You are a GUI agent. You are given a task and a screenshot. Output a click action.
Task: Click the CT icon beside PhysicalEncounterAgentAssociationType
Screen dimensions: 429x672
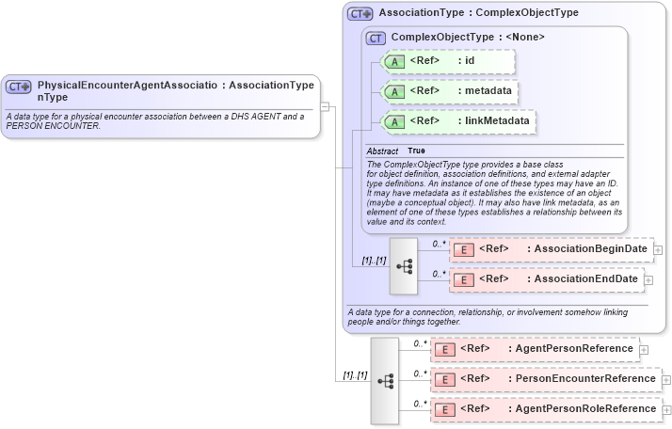click(x=19, y=87)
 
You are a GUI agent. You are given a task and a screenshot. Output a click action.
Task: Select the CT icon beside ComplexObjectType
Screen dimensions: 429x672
click(x=376, y=38)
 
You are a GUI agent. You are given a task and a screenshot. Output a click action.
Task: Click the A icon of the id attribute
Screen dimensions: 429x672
click(x=394, y=62)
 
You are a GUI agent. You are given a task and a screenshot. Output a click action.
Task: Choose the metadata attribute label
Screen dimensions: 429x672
click(x=488, y=91)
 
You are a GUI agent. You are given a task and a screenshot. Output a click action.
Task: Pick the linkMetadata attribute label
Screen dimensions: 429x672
click(x=496, y=120)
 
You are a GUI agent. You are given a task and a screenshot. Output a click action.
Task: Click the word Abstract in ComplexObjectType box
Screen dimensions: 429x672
click(x=382, y=151)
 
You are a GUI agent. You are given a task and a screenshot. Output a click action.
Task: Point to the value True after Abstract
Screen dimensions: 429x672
click(x=416, y=151)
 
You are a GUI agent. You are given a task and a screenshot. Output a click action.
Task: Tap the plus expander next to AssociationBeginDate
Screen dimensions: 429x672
click(x=658, y=250)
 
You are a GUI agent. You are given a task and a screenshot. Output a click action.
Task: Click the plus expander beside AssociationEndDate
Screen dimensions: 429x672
click(x=648, y=280)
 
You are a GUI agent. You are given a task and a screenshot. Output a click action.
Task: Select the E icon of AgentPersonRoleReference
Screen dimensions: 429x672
click(x=444, y=409)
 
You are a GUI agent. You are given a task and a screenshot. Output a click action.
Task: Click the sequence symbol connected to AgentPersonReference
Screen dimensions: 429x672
click(x=385, y=380)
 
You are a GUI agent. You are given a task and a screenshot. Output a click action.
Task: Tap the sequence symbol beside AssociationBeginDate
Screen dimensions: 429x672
click(x=404, y=265)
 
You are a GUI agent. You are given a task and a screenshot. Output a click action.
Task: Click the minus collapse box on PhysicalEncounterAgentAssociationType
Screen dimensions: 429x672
click(x=325, y=106)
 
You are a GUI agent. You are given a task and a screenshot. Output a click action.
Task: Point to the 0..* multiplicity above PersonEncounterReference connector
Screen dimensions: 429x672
click(x=420, y=373)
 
